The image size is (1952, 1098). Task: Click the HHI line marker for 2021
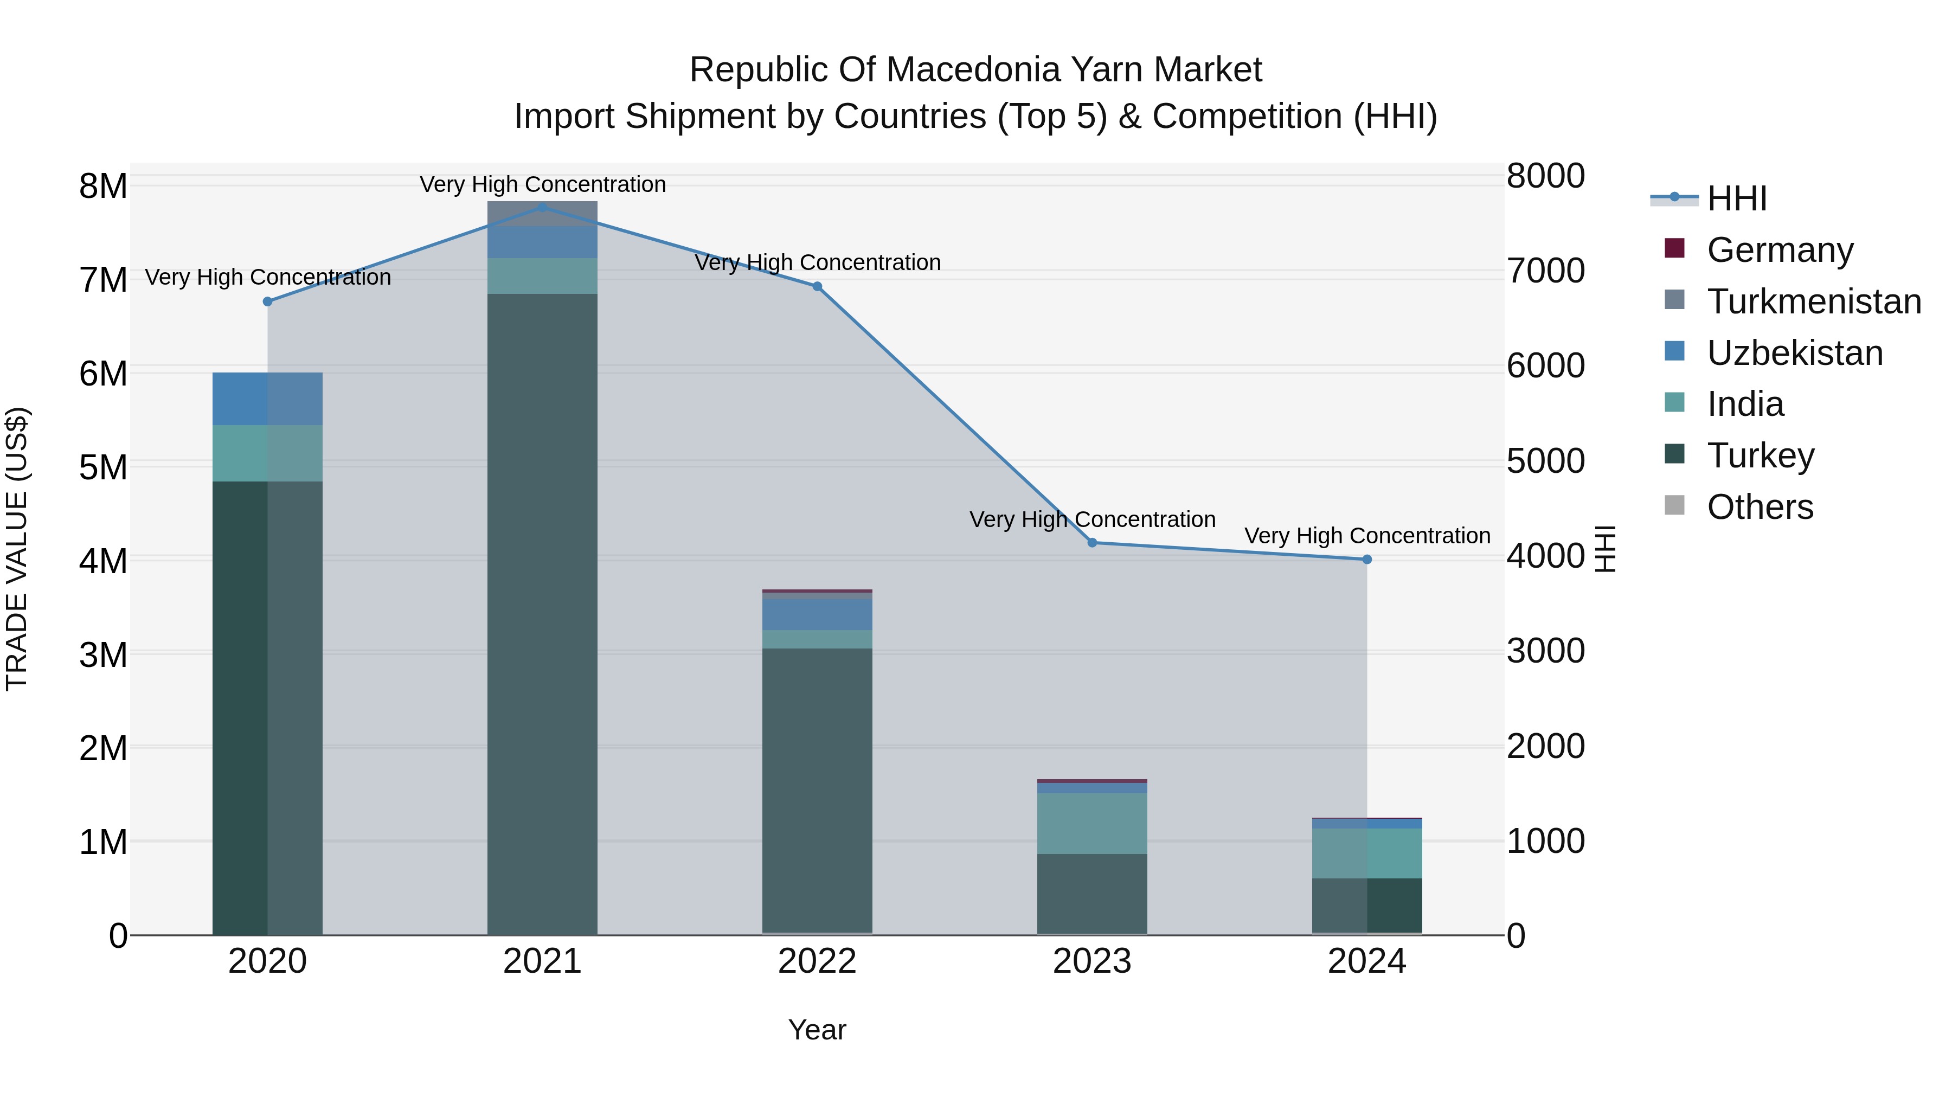(x=543, y=207)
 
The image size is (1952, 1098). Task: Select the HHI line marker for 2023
(x=1092, y=543)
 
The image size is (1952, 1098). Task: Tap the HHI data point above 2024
(x=1367, y=559)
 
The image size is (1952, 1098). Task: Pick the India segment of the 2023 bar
(x=1092, y=824)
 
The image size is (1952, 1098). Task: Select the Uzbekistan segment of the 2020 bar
(x=267, y=399)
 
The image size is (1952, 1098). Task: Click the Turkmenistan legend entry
(x=1813, y=301)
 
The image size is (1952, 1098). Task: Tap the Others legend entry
(x=1760, y=507)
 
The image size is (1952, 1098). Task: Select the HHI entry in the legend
(x=1736, y=198)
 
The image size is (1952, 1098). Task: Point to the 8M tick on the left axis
(x=103, y=185)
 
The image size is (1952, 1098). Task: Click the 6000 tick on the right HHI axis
(x=1545, y=365)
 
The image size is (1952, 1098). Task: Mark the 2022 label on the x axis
(x=817, y=961)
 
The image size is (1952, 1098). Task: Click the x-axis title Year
(x=817, y=1030)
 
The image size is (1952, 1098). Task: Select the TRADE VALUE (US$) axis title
(x=17, y=549)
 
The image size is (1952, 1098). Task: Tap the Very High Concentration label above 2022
(x=817, y=262)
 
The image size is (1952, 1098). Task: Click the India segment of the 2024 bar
(x=1367, y=853)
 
